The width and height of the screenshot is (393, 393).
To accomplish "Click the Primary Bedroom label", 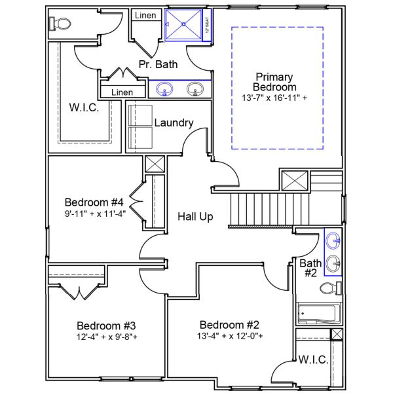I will click(x=276, y=82).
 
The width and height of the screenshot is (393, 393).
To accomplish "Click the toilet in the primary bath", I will click(x=61, y=24).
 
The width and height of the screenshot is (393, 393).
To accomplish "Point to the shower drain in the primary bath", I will click(x=183, y=24).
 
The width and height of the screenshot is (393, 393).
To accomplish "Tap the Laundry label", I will click(x=174, y=122).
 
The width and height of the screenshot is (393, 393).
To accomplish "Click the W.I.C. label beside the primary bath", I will click(x=84, y=107).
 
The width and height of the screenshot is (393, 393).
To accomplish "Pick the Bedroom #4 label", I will click(x=95, y=202).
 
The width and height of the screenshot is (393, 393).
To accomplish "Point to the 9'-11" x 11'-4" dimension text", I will click(x=95, y=213).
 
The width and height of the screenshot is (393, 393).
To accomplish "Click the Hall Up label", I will click(x=195, y=216).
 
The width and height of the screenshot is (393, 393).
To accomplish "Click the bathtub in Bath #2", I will click(x=318, y=315).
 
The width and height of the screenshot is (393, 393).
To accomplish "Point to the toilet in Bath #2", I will click(x=327, y=288).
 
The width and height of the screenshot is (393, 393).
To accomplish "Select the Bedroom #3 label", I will click(x=106, y=326).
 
